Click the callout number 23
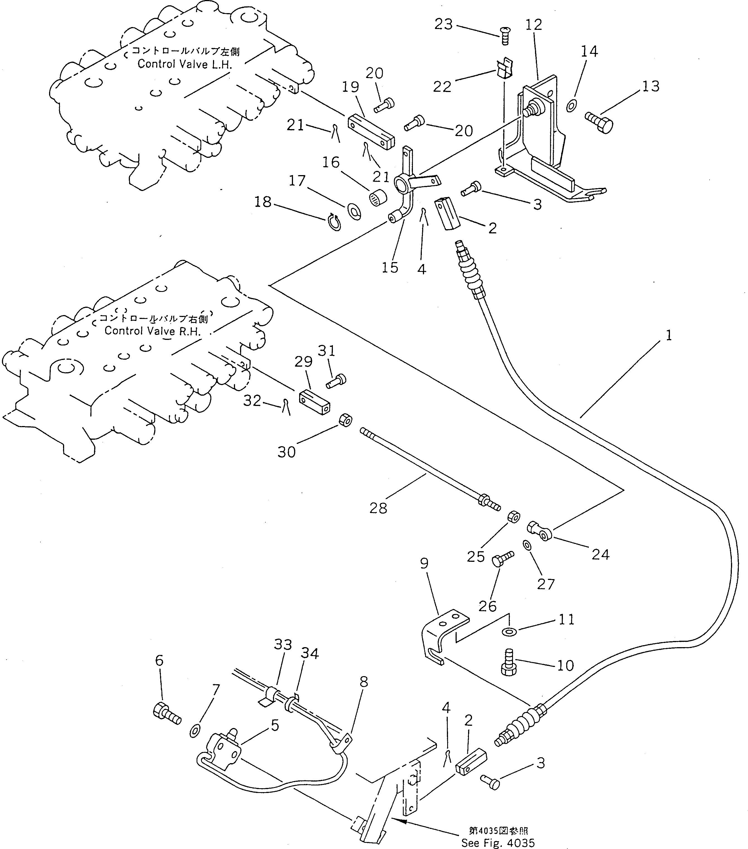443,25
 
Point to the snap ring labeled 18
334,221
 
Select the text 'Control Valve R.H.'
152,331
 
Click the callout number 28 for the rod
378,507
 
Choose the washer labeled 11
507,632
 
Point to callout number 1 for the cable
669,335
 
